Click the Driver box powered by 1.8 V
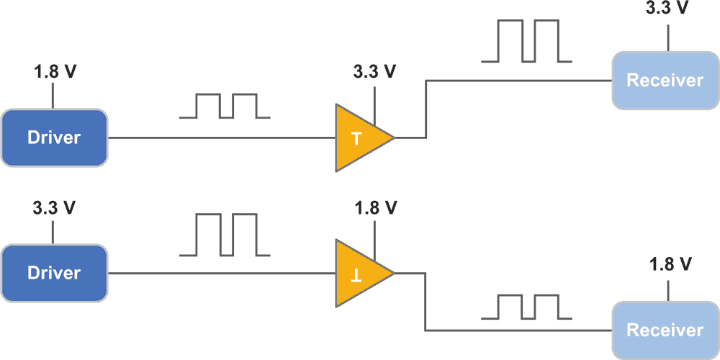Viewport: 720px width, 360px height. [x=54, y=138]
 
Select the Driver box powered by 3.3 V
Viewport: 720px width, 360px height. [x=54, y=273]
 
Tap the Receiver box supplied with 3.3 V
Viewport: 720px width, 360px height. [x=665, y=80]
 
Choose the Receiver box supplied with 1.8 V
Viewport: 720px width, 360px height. [x=665, y=330]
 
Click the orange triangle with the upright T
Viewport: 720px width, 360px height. [x=360, y=138]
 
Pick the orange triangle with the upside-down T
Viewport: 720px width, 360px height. [x=360, y=273]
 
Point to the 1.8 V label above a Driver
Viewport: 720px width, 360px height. [x=54, y=72]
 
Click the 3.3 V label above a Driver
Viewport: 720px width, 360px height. [x=54, y=208]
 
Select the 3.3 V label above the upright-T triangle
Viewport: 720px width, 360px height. [x=374, y=72]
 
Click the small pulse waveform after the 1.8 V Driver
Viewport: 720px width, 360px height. [x=225, y=106]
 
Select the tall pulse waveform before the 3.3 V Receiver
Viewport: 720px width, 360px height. [x=526, y=41]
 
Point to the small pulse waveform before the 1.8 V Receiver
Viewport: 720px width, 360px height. [x=526, y=307]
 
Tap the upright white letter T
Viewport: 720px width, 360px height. [x=356, y=138]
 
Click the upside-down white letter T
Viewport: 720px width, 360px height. [x=356, y=274]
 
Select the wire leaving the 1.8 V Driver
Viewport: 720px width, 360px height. [x=216, y=138]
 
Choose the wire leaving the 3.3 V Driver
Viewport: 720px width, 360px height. [x=216, y=273]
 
